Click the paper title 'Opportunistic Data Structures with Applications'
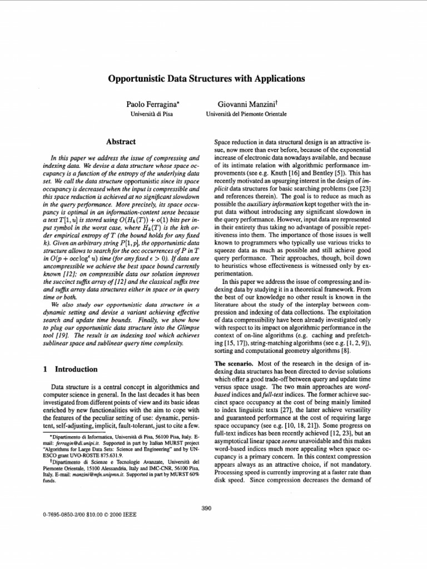[206, 79]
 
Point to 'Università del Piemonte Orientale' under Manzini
[246, 114]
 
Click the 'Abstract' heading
[121, 142]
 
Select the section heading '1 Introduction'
[70, 369]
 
